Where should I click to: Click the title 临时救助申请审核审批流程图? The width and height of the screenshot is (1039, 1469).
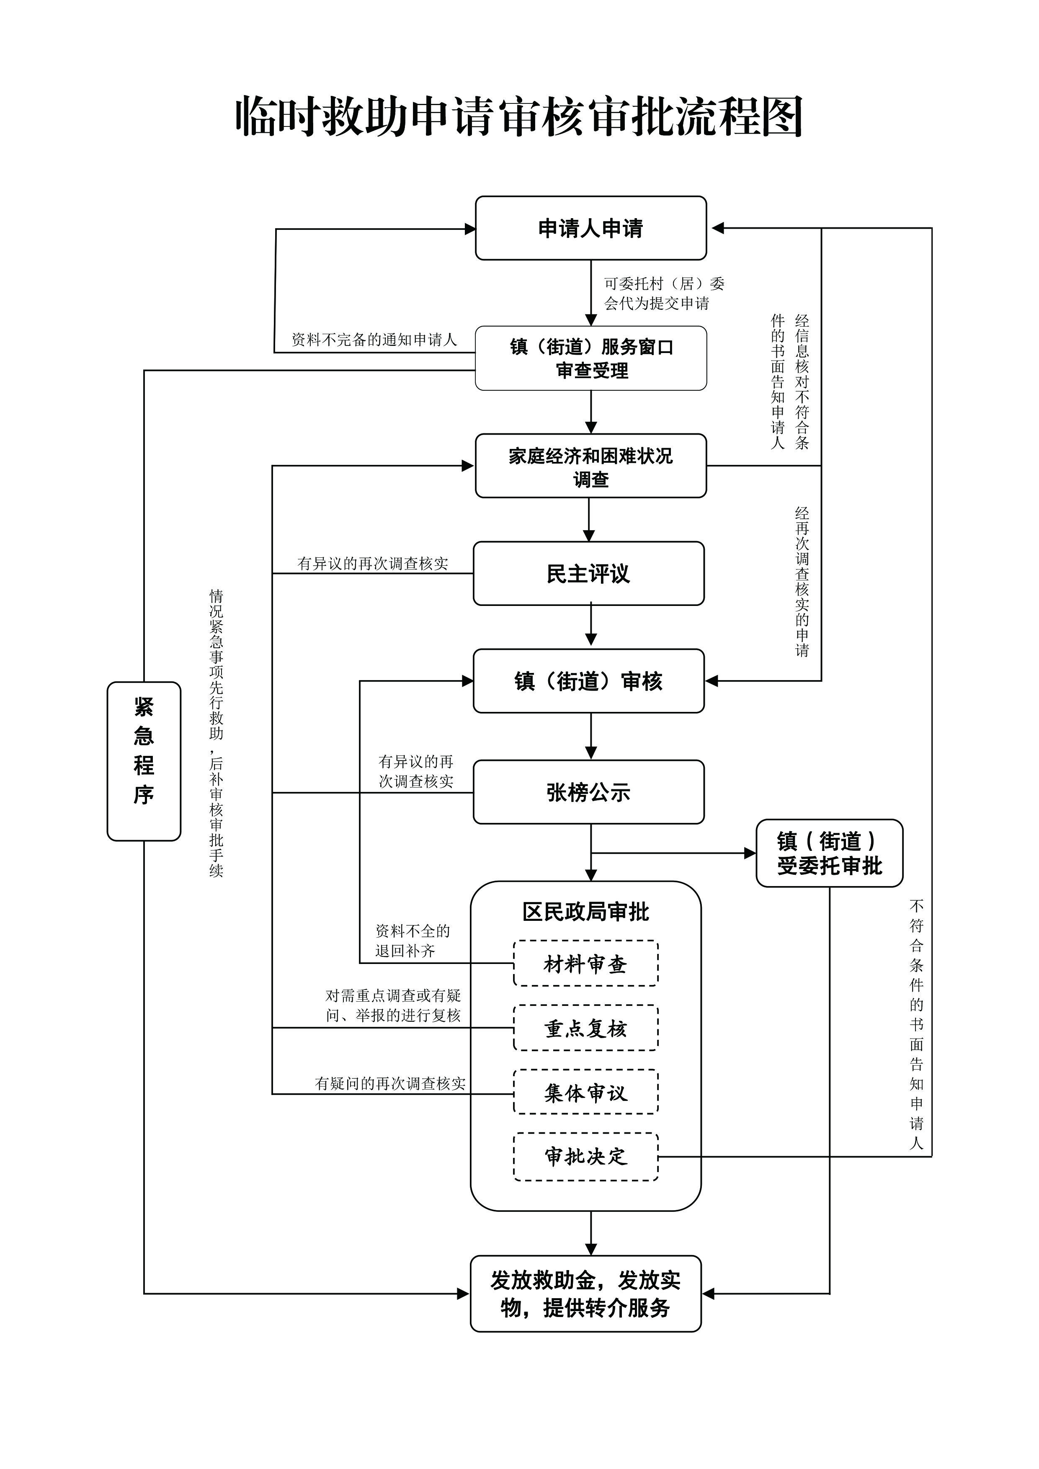[x=519, y=117]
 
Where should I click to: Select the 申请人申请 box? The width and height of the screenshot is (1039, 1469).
[x=590, y=228]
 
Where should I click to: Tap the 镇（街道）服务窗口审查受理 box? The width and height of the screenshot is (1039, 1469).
[x=590, y=358]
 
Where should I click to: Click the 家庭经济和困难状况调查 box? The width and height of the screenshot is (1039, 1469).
[x=590, y=466]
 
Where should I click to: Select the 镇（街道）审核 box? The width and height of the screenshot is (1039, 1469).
[x=588, y=681]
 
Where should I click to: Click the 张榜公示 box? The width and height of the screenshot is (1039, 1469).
[x=588, y=792]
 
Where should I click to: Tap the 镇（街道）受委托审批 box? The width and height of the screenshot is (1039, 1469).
[x=829, y=853]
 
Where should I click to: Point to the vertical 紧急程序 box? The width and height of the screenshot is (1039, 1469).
[x=144, y=761]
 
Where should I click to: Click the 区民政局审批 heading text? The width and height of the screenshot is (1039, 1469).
[x=585, y=912]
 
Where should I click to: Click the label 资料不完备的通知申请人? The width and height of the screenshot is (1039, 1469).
[x=374, y=340]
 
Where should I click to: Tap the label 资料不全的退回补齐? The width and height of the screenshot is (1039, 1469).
[x=412, y=941]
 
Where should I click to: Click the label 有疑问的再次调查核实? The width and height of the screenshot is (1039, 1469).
[x=390, y=1083]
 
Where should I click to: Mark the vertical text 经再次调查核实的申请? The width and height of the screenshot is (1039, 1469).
[x=802, y=582]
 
